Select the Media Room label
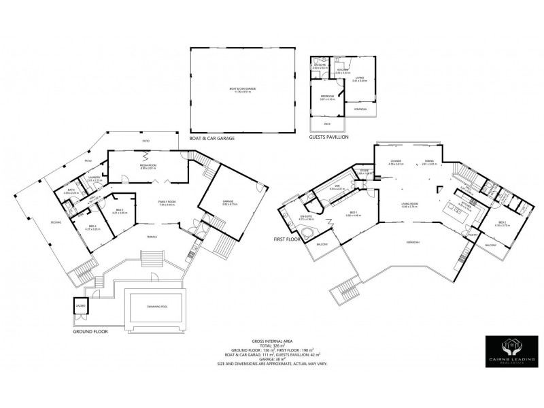coord(147,165)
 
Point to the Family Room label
coord(167,203)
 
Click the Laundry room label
coord(95,177)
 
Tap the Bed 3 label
coord(119,210)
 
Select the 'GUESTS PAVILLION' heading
coord(328,137)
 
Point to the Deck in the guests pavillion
coord(328,124)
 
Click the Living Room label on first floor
coord(409,203)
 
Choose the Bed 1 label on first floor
coord(354,214)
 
